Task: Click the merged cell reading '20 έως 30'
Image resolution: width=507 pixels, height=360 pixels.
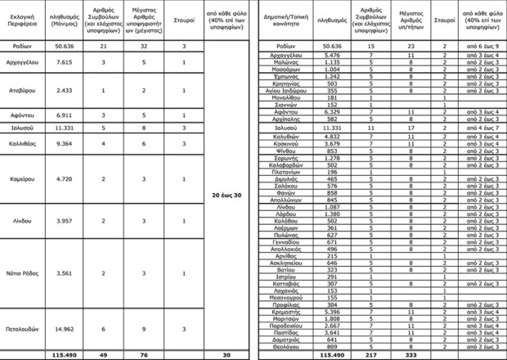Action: [x=225, y=196]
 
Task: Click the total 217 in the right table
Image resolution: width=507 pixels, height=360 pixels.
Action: [x=370, y=355]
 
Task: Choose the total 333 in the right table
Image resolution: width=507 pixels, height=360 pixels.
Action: [x=411, y=355]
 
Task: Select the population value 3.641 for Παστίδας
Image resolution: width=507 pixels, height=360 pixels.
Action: [x=331, y=333]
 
